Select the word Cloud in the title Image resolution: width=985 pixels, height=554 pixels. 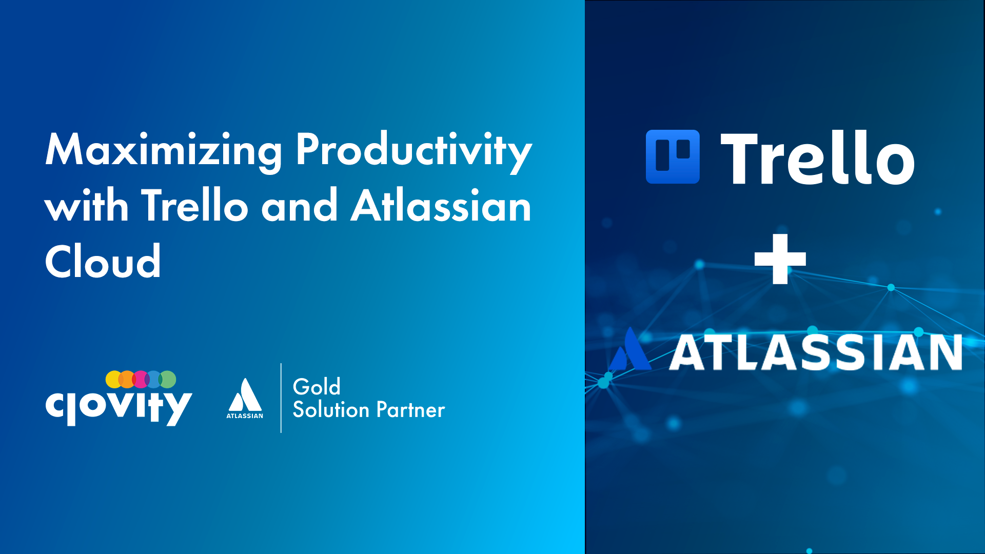[x=103, y=261]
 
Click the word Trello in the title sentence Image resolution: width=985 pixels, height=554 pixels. [x=195, y=205]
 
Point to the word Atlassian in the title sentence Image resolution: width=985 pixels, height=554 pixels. [x=441, y=205]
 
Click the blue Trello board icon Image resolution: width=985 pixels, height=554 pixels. [x=673, y=156]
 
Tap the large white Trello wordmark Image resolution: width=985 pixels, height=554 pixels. [x=818, y=158]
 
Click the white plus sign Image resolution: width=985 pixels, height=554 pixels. [x=780, y=259]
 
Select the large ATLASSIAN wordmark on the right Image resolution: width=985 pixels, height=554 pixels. [x=816, y=352]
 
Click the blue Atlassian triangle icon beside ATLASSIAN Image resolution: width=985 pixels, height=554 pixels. [x=630, y=351]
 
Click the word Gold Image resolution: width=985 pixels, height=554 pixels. [x=317, y=387]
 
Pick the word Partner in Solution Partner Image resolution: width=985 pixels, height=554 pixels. [x=410, y=410]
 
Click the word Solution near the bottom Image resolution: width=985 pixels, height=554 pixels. [x=331, y=410]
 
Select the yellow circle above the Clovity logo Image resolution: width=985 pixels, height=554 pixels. [x=114, y=380]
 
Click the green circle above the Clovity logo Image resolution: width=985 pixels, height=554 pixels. [x=168, y=380]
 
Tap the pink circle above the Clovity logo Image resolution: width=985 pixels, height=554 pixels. [x=140, y=380]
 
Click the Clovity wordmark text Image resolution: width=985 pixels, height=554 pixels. [x=119, y=407]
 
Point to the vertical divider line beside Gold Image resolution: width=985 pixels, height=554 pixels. [x=281, y=398]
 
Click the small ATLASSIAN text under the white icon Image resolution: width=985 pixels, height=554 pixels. [x=245, y=416]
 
